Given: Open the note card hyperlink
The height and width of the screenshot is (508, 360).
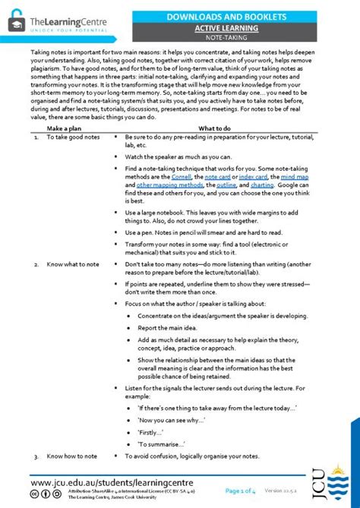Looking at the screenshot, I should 219,176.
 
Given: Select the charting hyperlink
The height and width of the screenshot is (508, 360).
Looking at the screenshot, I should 262,185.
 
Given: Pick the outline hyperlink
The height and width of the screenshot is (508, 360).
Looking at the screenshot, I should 226,185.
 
